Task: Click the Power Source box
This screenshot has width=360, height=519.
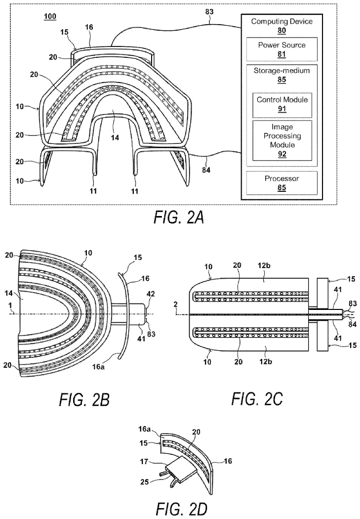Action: tap(282, 49)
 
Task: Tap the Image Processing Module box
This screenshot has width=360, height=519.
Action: tap(282, 140)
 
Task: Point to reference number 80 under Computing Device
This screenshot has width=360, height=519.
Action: tap(282, 30)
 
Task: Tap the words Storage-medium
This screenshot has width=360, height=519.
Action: tap(282, 71)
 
